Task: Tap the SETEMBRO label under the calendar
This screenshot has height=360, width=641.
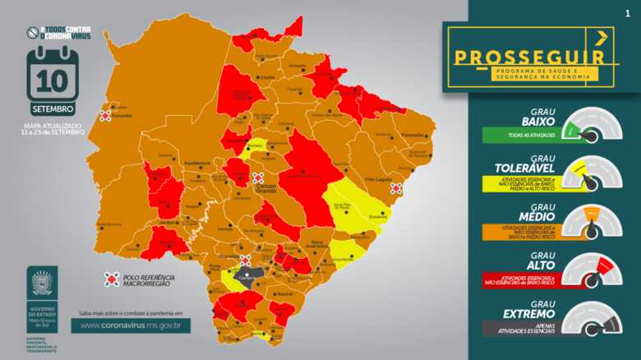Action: [x=53, y=108]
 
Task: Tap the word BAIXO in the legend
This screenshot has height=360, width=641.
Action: [x=536, y=122]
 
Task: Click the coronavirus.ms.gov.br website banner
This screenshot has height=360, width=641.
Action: [x=131, y=325]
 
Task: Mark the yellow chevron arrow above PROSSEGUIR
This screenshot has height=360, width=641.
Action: [x=601, y=36]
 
